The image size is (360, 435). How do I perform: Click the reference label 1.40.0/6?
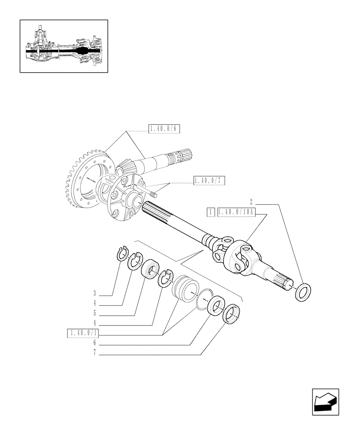click(164, 128)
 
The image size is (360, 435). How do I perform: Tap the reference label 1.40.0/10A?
click(237, 212)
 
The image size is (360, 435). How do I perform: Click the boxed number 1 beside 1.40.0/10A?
click(211, 212)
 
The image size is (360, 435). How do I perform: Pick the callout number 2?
click(251, 202)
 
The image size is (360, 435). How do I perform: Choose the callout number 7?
click(94, 354)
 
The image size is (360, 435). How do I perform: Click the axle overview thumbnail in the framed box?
click(64, 46)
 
